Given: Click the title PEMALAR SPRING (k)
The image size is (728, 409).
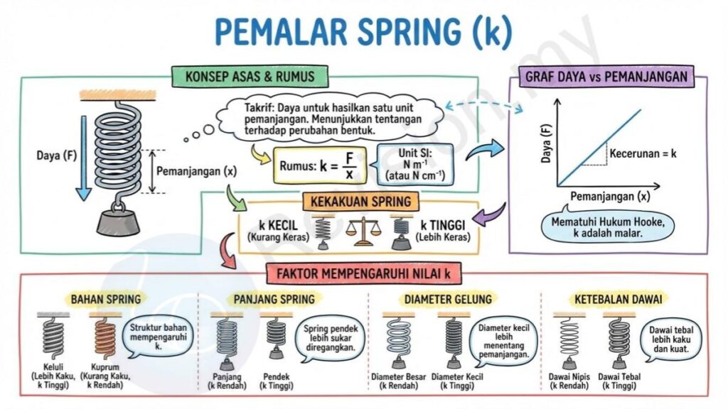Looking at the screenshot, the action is click(x=363, y=31).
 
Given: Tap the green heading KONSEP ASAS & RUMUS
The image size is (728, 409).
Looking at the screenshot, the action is click(x=250, y=77).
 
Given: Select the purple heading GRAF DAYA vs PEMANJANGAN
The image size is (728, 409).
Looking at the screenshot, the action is click(x=606, y=77).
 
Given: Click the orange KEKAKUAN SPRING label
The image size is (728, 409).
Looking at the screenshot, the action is click(x=360, y=202).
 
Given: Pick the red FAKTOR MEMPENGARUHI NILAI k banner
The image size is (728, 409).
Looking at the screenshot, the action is click(x=363, y=273).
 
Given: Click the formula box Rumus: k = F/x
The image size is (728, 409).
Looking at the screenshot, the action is click(x=320, y=165).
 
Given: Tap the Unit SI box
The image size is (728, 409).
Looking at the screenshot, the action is click(x=414, y=164).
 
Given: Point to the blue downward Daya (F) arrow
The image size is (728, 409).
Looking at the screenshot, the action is click(x=84, y=158).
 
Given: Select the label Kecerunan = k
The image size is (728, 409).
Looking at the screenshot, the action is click(x=643, y=153).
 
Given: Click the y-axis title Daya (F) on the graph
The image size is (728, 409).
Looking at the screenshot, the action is click(x=547, y=143).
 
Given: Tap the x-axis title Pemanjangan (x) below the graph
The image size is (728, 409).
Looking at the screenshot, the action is click(x=610, y=196).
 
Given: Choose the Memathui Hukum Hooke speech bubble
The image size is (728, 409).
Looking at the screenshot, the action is click(x=608, y=227).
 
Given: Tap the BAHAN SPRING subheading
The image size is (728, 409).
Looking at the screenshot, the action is click(x=106, y=299).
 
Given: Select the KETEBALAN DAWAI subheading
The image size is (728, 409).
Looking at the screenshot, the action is click(x=618, y=299).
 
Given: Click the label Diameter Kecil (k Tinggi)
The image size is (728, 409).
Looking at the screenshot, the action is click(x=457, y=381).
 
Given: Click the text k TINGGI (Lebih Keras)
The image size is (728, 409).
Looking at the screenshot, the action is click(x=442, y=231).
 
